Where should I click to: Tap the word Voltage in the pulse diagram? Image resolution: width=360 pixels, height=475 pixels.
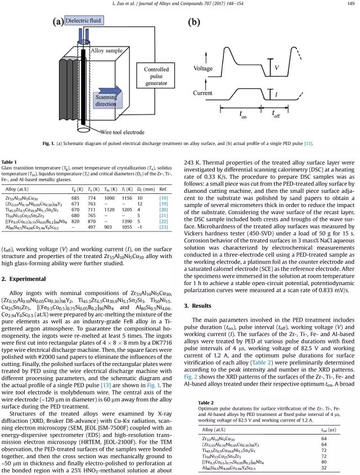coord(203,69)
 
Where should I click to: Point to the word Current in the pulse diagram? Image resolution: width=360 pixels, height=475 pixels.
coord(203,93)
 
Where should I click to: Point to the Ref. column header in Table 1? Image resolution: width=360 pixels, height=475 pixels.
coord(164,190)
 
